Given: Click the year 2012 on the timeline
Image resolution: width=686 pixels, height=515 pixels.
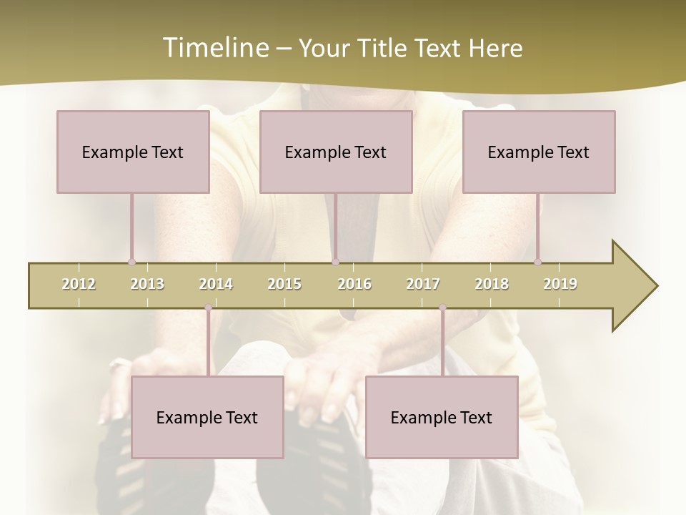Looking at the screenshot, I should click(x=79, y=284).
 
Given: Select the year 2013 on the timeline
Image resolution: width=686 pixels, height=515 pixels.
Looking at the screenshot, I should click(x=147, y=284).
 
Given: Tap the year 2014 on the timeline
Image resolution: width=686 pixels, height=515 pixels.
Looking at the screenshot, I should click(x=216, y=284).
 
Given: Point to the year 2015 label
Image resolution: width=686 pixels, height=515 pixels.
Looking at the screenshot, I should click(x=284, y=284).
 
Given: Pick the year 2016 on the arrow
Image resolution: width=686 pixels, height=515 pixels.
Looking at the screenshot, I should click(x=354, y=284).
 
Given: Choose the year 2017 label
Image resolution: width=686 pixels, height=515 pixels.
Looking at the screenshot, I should click(x=423, y=284).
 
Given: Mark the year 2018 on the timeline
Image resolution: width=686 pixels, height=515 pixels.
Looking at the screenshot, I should click(x=492, y=284).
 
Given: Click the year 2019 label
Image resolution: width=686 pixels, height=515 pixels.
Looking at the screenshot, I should click(x=560, y=284).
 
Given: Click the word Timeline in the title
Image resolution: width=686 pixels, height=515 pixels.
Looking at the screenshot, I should click(x=215, y=48).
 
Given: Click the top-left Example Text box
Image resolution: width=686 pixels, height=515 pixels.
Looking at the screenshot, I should click(x=133, y=152).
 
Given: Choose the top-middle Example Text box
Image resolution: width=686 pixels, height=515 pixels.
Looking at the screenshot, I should click(x=336, y=152).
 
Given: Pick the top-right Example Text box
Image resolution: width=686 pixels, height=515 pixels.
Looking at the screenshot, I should click(x=539, y=152).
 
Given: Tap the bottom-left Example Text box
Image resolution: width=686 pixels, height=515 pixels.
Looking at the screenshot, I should click(x=207, y=417).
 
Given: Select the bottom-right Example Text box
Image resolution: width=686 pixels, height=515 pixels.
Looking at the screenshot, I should click(x=442, y=417).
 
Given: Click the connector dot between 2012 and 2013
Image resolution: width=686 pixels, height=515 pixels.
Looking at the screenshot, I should click(x=131, y=262).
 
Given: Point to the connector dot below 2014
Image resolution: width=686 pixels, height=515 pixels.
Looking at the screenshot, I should click(x=208, y=308).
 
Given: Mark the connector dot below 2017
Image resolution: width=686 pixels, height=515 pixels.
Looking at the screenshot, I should click(x=442, y=308).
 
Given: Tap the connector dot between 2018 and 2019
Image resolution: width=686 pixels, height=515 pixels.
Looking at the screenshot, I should click(x=537, y=262).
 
